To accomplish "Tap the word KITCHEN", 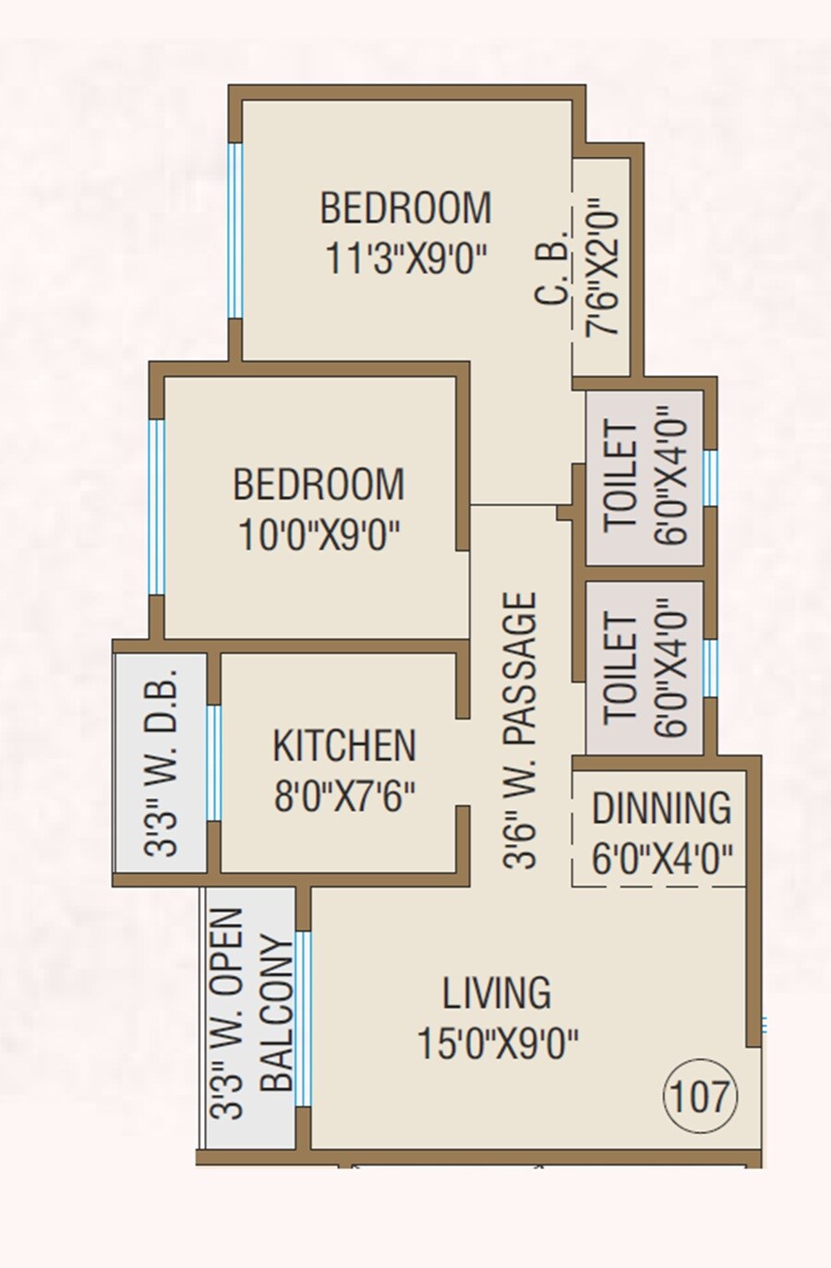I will [x=344, y=746].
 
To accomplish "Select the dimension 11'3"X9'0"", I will [x=405, y=259].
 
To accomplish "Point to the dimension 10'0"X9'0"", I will [x=319, y=535].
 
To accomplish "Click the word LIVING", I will [x=497, y=994].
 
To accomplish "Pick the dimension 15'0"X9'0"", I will [x=497, y=1045].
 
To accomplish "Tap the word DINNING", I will [x=661, y=808].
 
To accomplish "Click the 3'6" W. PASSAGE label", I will [x=521, y=730].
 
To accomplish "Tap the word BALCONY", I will [x=276, y=1014].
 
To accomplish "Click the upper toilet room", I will [x=644, y=478].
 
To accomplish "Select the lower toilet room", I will [x=644, y=667].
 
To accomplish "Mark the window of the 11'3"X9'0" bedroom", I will [x=235, y=231].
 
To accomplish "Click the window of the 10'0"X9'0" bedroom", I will [x=157, y=506].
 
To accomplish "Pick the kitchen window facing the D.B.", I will [x=213, y=763].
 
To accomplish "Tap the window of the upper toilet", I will [x=709, y=477].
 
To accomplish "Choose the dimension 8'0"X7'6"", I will [x=344, y=796].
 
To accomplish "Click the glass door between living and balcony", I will [x=303, y=1019].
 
